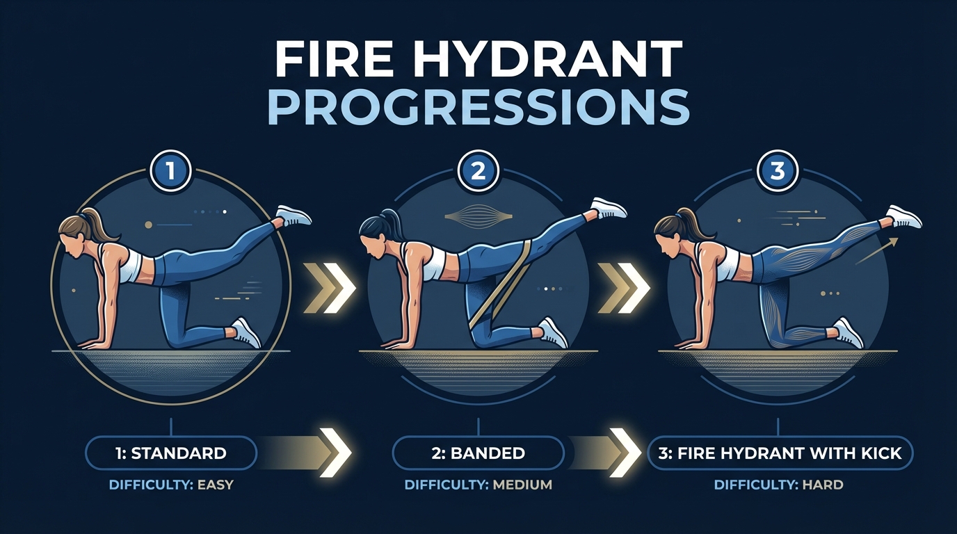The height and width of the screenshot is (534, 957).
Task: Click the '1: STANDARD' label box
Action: [171, 453]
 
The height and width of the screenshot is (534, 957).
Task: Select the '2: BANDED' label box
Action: [478, 453]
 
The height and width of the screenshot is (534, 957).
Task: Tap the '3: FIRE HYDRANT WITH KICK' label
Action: [780, 453]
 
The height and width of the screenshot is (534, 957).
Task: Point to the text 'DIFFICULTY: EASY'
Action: [171, 485]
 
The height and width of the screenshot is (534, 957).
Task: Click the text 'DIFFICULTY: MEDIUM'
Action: [478, 485]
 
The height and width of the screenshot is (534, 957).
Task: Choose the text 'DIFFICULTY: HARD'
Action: [780, 485]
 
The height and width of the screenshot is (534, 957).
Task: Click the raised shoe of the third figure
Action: [904, 216]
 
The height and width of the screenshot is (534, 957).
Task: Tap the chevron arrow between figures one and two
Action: [328, 286]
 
